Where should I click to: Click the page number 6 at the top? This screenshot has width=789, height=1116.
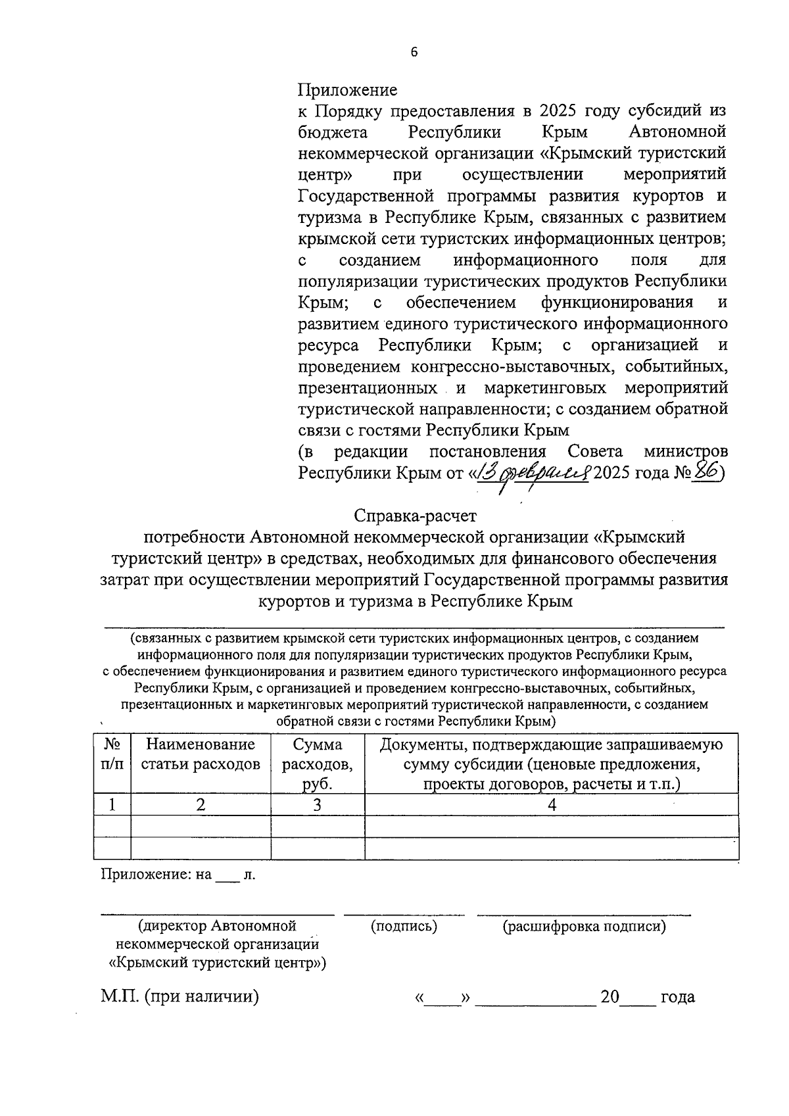click(x=414, y=53)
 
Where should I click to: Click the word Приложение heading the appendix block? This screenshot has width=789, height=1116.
click(x=348, y=89)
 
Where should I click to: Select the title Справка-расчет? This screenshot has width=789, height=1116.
click(x=414, y=516)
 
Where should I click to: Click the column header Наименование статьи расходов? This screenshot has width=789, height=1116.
click(x=201, y=754)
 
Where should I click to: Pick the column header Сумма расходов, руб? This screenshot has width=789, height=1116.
click(x=317, y=764)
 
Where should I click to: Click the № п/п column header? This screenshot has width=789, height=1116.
click(x=112, y=754)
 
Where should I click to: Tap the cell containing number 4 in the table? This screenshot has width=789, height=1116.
click(x=552, y=804)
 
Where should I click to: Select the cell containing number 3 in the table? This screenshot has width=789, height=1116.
click(x=317, y=804)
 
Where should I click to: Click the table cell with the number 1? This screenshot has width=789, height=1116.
click(x=112, y=804)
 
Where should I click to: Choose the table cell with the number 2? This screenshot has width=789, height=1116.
click(x=201, y=804)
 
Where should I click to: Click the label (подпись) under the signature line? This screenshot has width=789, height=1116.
click(x=404, y=926)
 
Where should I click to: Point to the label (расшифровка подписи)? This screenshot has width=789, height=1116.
click(x=584, y=926)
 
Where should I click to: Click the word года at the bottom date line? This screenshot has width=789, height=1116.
click(x=677, y=997)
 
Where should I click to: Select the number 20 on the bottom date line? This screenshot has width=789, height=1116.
click(x=610, y=997)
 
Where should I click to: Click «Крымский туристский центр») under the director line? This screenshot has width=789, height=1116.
click(x=217, y=963)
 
